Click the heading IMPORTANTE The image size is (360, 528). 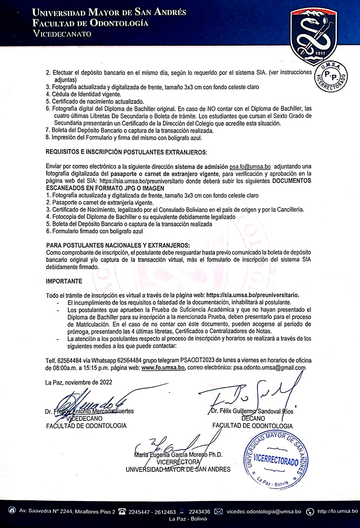[64, 281]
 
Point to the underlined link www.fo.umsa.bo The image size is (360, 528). [163, 368]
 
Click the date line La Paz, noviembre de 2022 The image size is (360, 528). [78, 382]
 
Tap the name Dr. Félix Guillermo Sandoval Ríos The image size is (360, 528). [252, 411]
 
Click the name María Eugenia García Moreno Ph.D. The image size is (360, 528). [178, 455]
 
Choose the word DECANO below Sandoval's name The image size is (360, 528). [253, 418]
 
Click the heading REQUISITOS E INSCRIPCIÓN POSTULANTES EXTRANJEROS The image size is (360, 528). [126, 152]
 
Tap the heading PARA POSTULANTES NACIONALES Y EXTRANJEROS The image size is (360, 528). [118, 245]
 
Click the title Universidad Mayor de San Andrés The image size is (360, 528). [109, 13]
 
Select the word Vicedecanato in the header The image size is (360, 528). [62, 34]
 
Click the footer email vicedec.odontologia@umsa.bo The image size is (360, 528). [264, 511]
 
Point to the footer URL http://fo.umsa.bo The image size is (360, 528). [338, 511]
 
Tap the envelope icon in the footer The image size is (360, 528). [219, 511]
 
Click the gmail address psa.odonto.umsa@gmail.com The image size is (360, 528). [269, 368]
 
